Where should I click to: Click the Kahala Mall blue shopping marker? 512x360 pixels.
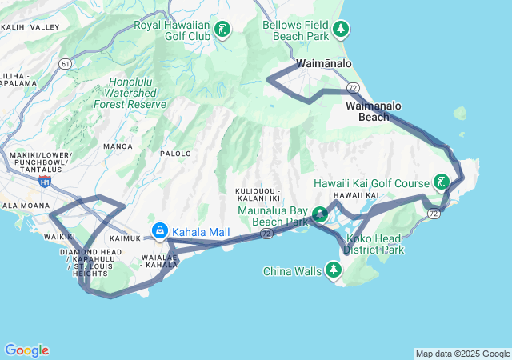[x=160, y=232]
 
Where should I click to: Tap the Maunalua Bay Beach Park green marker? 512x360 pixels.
[x=320, y=214]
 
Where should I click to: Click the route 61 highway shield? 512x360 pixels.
[x=65, y=63]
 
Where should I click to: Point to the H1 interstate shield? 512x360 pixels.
[x=45, y=182]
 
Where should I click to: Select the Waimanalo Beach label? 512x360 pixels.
[x=374, y=111]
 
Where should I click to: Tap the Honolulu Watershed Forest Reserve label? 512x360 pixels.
[x=130, y=93]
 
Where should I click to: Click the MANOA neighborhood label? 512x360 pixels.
[x=118, y=147]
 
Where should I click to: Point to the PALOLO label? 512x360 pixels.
[x=176, y=153]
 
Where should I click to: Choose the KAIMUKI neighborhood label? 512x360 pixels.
[x=125, y=238]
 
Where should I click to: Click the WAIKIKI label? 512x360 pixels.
[x=58, y=237]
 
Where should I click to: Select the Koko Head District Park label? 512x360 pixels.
[x=374, y=244]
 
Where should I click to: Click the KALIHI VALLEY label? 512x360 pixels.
[x=30, y=27]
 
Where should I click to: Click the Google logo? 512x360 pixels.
[x=26, y=350]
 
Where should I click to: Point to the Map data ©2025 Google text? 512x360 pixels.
[x=462, y=354]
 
